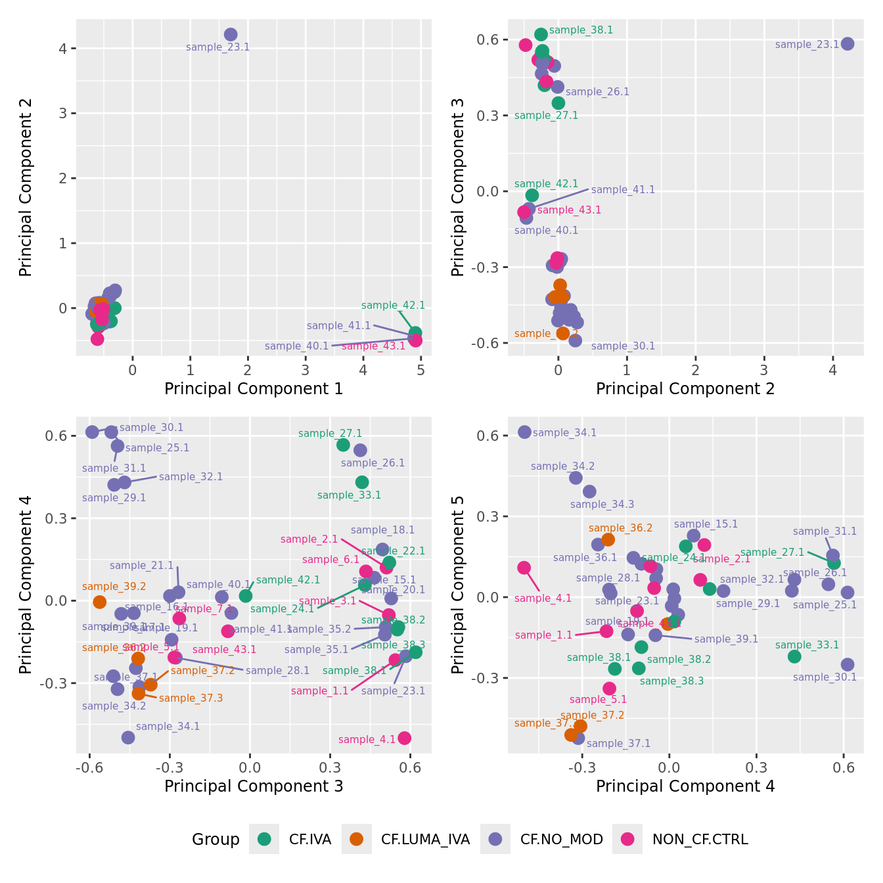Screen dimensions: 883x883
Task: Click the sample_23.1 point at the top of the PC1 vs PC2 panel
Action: point(231,35)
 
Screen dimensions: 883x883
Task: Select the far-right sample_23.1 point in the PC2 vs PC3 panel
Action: point(848,44)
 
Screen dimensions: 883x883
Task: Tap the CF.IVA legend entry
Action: point(264,839)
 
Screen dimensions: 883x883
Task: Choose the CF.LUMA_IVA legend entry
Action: point(357,839)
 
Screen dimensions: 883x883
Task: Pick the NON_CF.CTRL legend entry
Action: point(627,839)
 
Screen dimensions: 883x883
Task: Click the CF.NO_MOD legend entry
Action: point(495,839)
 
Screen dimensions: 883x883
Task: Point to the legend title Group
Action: point(215,840)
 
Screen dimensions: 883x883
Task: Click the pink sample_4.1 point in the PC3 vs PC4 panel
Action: point(405,738)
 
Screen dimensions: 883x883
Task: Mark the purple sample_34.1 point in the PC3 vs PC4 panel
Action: point(128,737)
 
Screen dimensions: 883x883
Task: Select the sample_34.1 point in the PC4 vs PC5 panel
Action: point(524,432)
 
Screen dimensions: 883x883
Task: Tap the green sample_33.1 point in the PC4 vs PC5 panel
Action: point(794,656)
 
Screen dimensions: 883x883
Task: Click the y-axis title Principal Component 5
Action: point(458,584)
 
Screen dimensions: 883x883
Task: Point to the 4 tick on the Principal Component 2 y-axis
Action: point(63,49)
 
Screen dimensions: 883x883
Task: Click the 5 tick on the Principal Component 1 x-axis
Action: point(420,371)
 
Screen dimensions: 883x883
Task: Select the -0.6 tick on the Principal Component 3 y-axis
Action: point(487,343)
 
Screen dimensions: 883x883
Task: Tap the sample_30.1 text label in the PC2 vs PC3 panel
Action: point(623,346)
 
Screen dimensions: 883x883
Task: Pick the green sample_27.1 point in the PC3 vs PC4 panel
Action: point(343,445)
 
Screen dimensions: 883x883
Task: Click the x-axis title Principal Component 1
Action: point(254,389)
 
